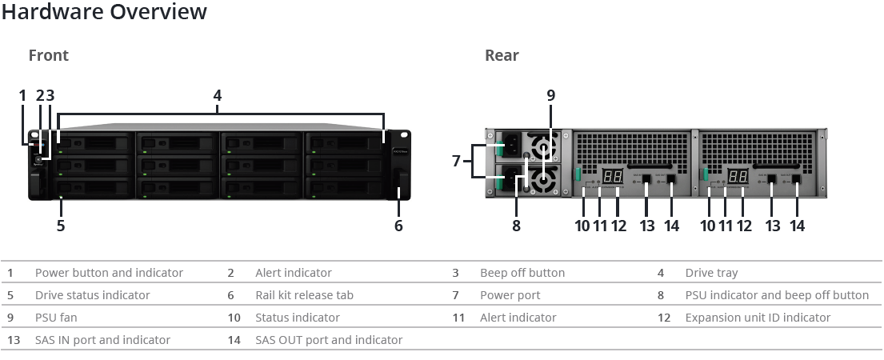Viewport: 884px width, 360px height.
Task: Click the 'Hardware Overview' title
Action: pyautogui.click(x=104, y=11)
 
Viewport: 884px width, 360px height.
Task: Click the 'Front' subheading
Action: pyautogui.click(x=49, y=55)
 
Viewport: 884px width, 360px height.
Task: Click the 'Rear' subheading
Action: pyautogui.click(x=502, y=55)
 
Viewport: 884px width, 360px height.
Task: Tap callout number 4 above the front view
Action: pyautogui.click(x=217, y=96)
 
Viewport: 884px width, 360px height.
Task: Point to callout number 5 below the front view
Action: pyautogui.click(x=60, y=226)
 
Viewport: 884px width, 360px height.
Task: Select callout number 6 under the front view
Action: pyautogui.click(x=398, y=226)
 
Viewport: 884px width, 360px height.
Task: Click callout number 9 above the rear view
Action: pyautogui.click(x=551, y=96)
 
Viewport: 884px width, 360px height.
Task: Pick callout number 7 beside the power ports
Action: pyautogui.click(x=457, y=161)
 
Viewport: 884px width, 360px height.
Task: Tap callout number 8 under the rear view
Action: pyautogui.click(x=516, y=226)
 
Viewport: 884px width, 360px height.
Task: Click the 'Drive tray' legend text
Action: pyautogui.click(x=711, y=273)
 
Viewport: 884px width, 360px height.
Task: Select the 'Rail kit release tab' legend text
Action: pyautogui.click(x=305, y=295)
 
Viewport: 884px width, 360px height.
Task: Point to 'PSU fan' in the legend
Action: pyautogui.click(x=56, y=318)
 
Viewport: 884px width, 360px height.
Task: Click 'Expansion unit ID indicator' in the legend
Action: pyautogui.click(x=758, y=318)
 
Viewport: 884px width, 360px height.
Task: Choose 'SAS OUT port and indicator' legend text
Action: pyautogui.click(x=329, y=340)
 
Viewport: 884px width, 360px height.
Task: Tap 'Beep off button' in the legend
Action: pyautogui.click(x=522, y=273)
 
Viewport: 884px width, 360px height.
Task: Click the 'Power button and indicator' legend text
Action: pyautogui.click(x=109, y=273)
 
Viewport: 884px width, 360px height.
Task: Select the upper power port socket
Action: pyautogui.click(x=511, y=145)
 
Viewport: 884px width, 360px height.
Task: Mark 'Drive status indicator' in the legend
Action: pyautogui.click(x=93, y=295)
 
